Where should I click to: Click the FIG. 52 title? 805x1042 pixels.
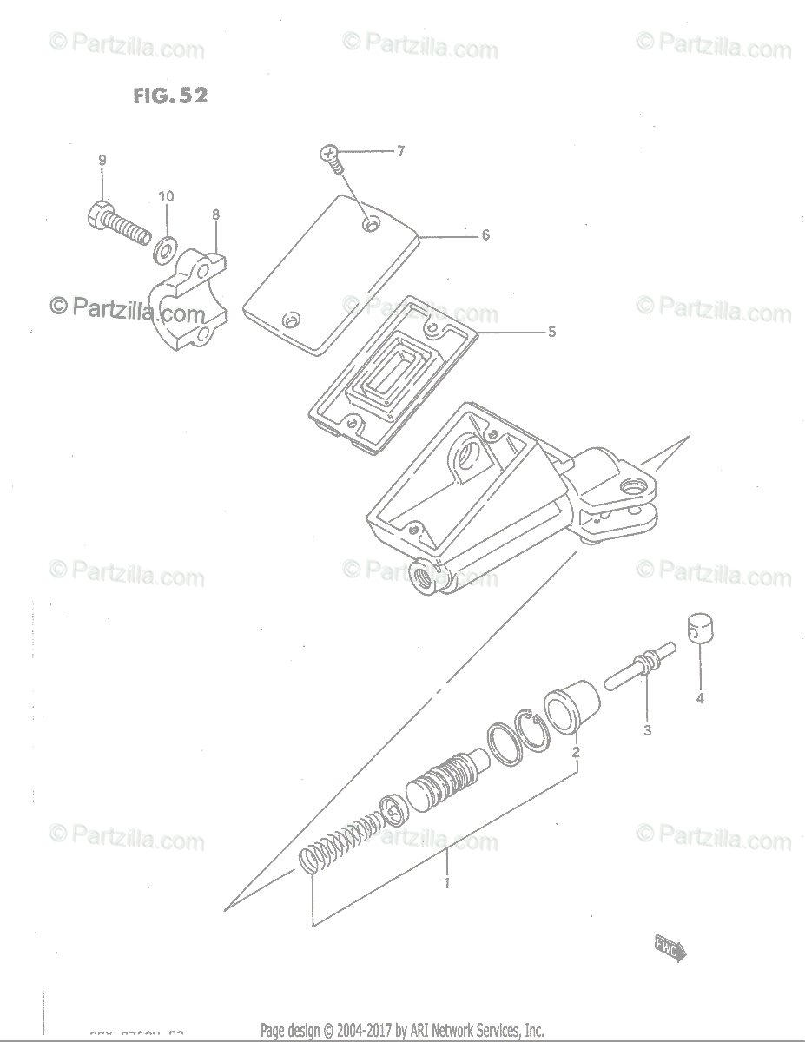170,96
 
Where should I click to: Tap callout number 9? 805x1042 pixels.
102,160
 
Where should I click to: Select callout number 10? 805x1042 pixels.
166,196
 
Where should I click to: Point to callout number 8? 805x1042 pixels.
215,214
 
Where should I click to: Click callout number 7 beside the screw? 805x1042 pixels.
400,151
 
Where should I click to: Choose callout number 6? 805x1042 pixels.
485,234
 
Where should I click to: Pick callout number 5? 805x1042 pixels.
551,332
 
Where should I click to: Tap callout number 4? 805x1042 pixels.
699,698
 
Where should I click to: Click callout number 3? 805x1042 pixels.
647,730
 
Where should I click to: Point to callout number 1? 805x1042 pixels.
446,884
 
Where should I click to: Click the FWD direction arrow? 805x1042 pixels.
670,947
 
